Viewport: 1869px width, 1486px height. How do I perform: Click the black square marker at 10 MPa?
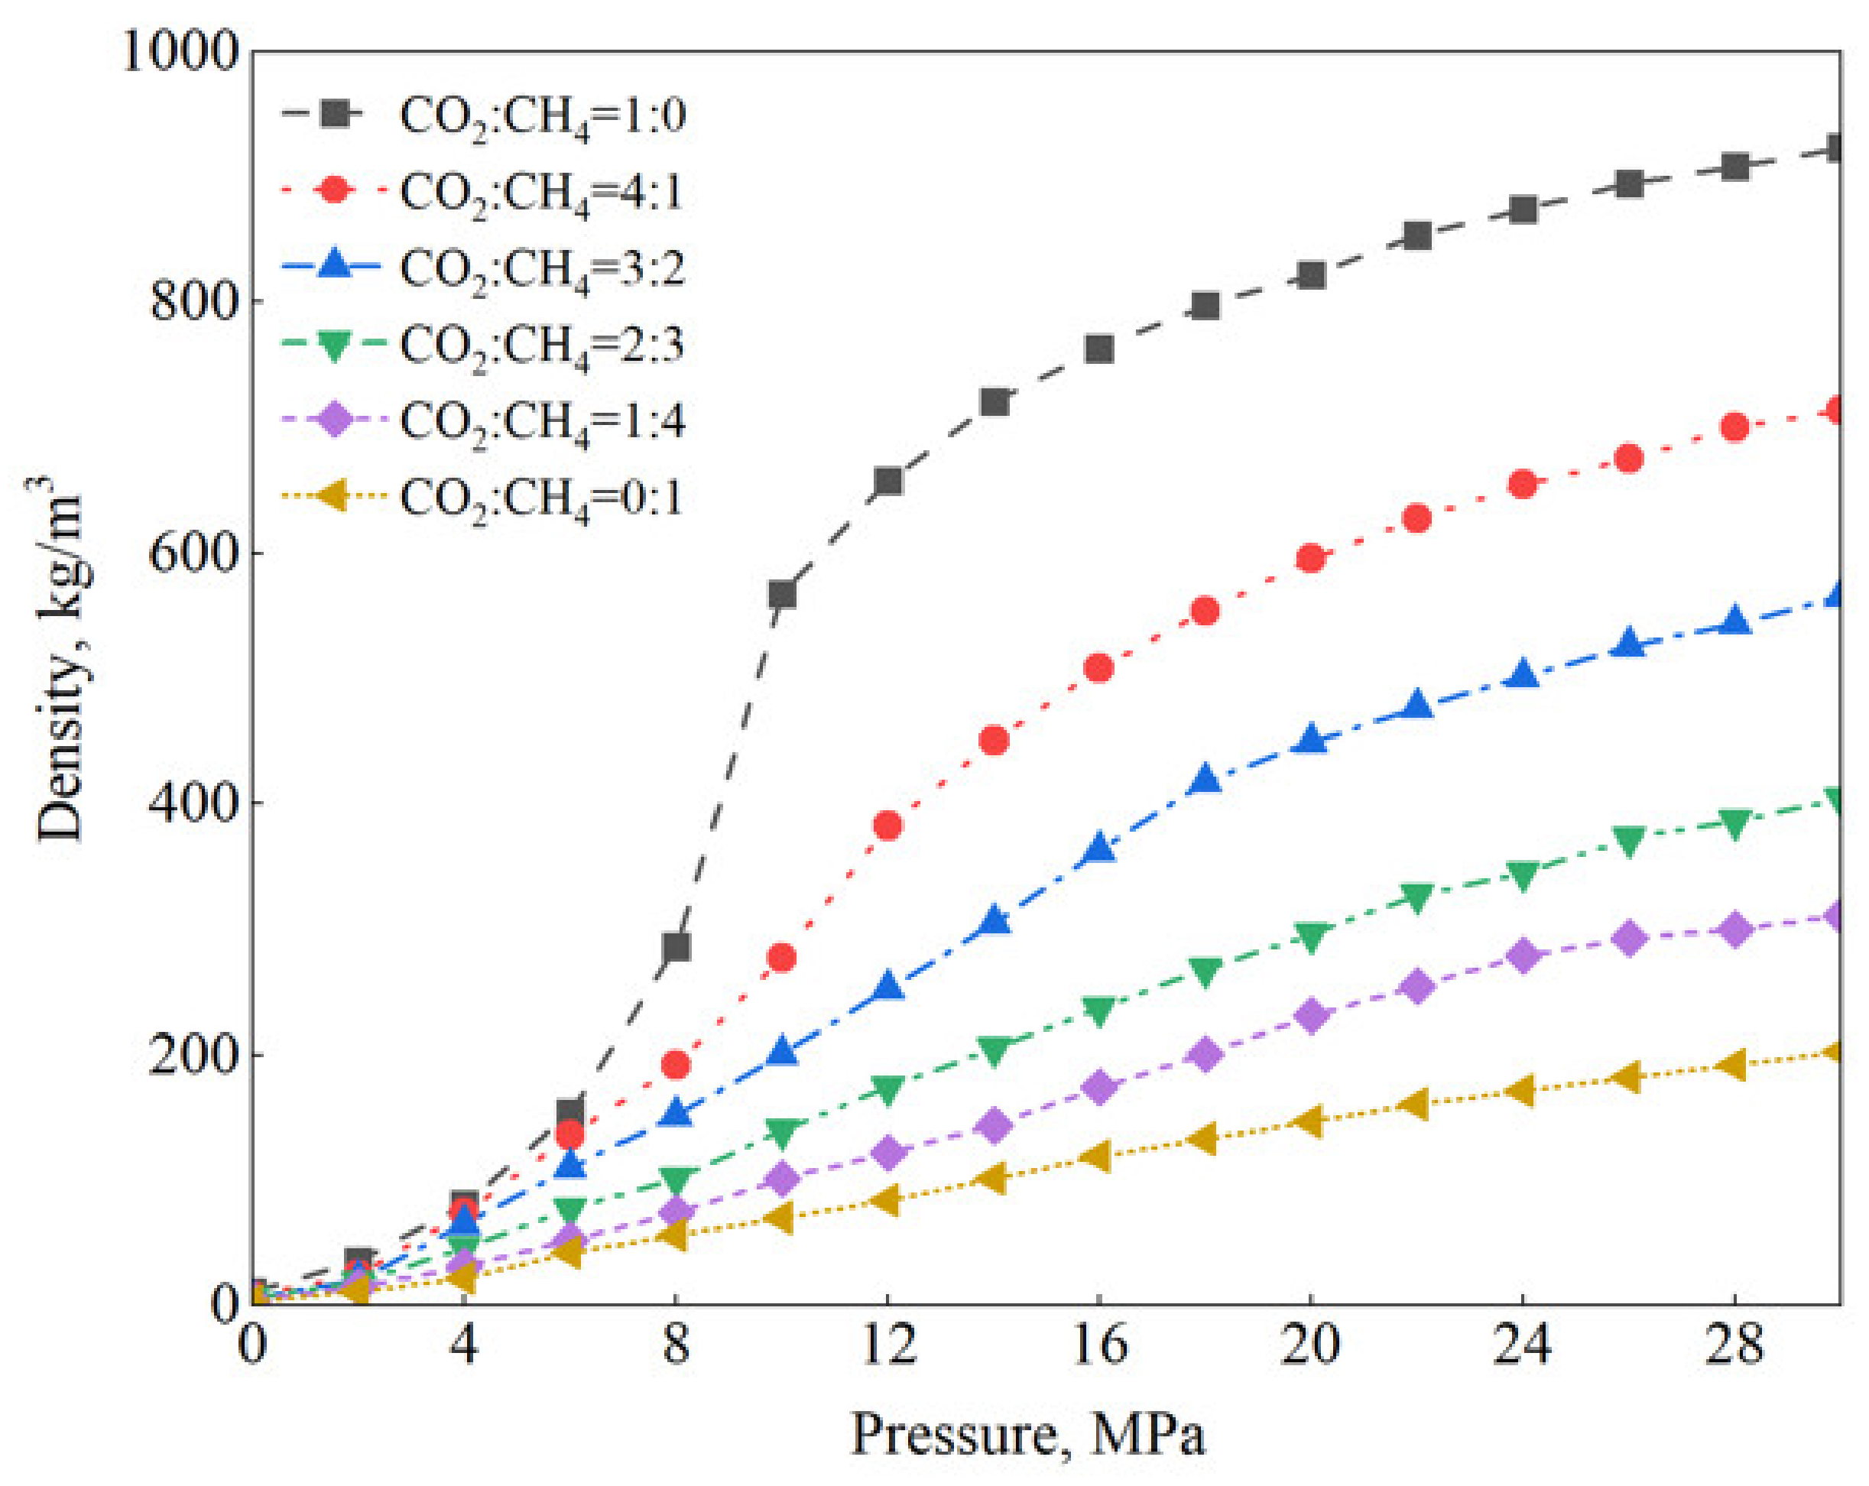782,595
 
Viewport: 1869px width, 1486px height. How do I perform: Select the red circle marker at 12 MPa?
887,826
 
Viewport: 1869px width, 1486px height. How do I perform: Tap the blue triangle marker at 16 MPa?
1099,848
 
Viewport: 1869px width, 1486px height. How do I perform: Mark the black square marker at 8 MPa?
677,947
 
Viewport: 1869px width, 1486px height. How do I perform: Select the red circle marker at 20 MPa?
1311,557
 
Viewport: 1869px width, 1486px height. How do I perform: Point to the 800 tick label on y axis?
193,302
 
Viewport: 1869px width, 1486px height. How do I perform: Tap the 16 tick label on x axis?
1099,1345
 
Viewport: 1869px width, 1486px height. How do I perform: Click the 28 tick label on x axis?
1734,1345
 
